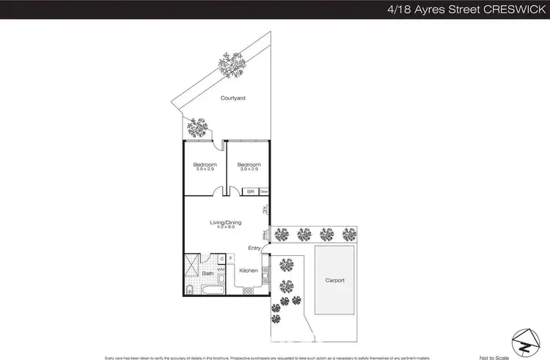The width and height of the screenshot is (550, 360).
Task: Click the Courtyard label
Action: pyautogui.click(x=232, y=98)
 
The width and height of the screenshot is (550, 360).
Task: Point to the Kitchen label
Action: pyautogui.click(x=249, y=271)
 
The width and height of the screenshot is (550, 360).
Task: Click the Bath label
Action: pyautogui.click(x=208, y=273)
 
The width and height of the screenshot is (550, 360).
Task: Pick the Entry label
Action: pyautogui.click(x=254, y=248)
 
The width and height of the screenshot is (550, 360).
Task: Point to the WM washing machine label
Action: pyautogui.click(x=220, y=269)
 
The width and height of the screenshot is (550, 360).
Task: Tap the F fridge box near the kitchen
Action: pyautogui.click(x=230, y=257)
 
